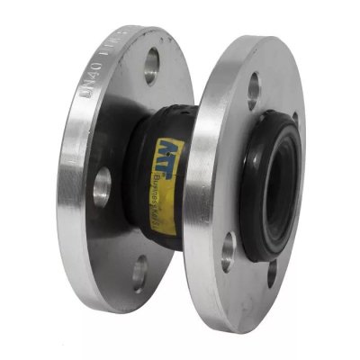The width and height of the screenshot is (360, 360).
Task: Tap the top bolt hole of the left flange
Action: (x=149, y=66)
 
